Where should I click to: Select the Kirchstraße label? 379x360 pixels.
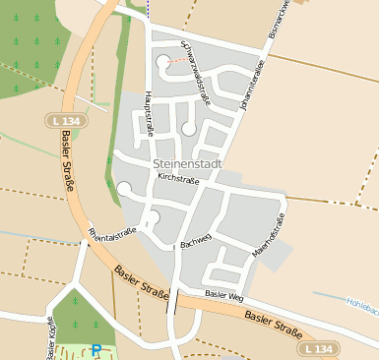(179, 180)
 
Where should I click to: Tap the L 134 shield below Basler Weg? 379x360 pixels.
(319, 349)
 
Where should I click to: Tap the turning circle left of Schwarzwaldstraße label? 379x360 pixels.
(161, 64)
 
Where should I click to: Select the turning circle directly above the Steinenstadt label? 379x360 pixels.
(188, 128)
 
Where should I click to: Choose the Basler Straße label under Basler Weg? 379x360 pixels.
(272, 321)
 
